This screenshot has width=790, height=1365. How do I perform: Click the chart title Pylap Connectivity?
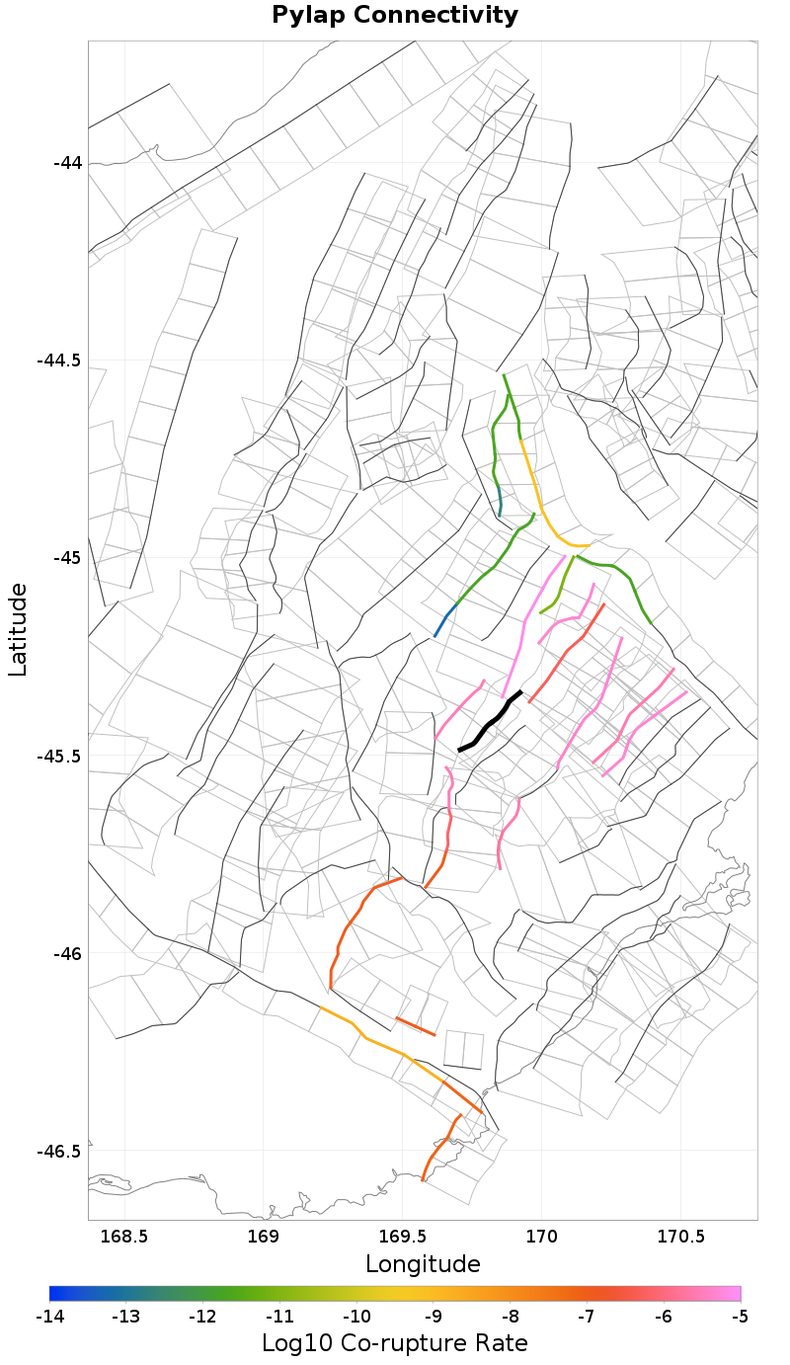click(x=395, y=16)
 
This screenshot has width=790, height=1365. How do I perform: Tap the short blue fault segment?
click(x=445, y=619)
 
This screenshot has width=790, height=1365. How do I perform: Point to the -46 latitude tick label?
click(x=66, y=954)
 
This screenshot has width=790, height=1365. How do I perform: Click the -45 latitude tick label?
click(x=66, y=558)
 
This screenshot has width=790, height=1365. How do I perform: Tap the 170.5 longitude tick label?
click(x=680, y=1236)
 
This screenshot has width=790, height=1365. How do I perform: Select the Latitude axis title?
click(x=18, y=629)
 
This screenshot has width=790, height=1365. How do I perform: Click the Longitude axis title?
click(x=423, y=1264)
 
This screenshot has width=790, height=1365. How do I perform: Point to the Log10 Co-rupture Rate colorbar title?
click(x=394, y=1343)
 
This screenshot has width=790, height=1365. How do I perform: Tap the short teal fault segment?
click(x=500, y=501)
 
